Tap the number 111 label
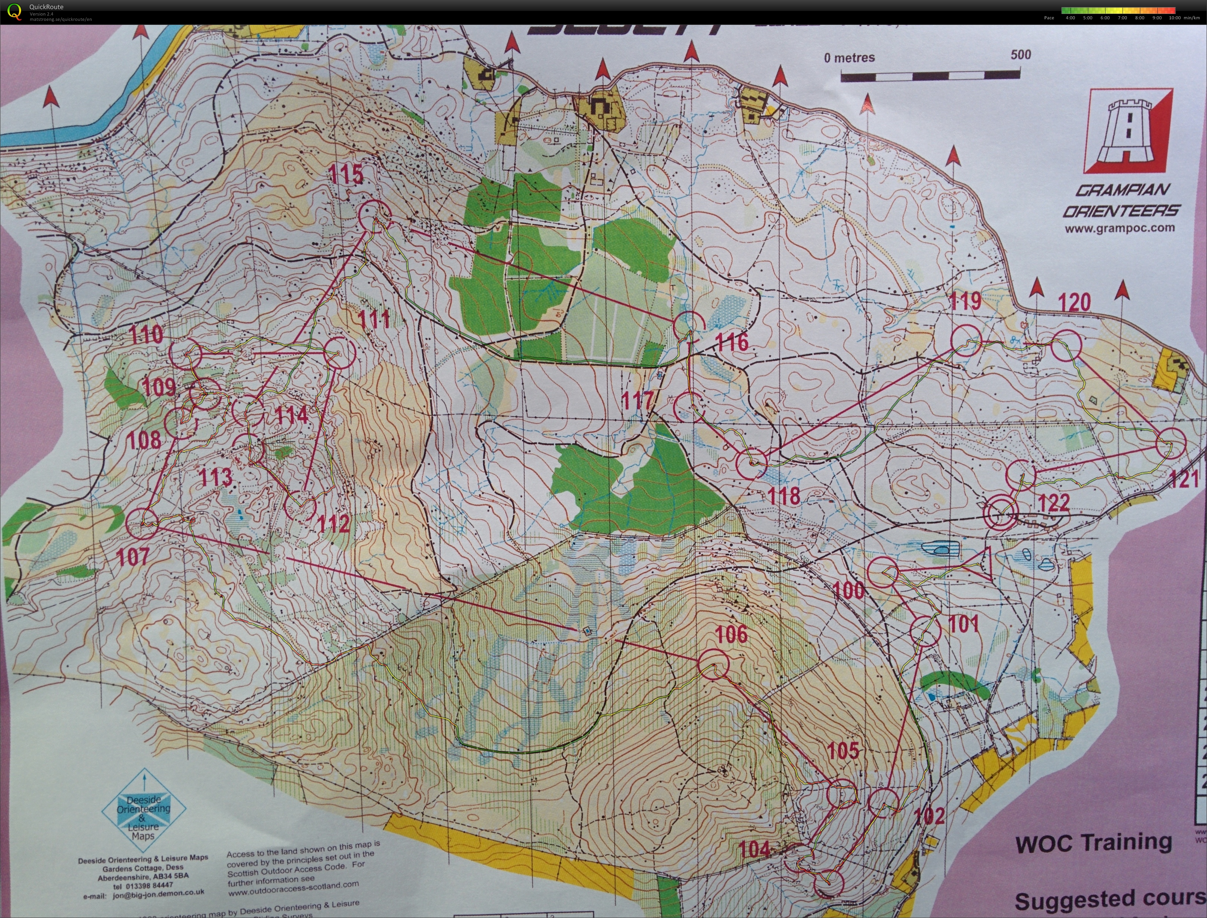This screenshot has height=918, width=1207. (x=374, y=319)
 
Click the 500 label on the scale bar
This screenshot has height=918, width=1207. (x=1021, y=55)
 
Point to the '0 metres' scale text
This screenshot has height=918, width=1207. (x=849, y=57)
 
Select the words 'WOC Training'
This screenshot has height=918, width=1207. (x=1093, y=843)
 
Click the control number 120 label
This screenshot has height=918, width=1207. (x=1074, y=302)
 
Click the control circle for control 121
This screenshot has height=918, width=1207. (x=1171, y=443)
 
